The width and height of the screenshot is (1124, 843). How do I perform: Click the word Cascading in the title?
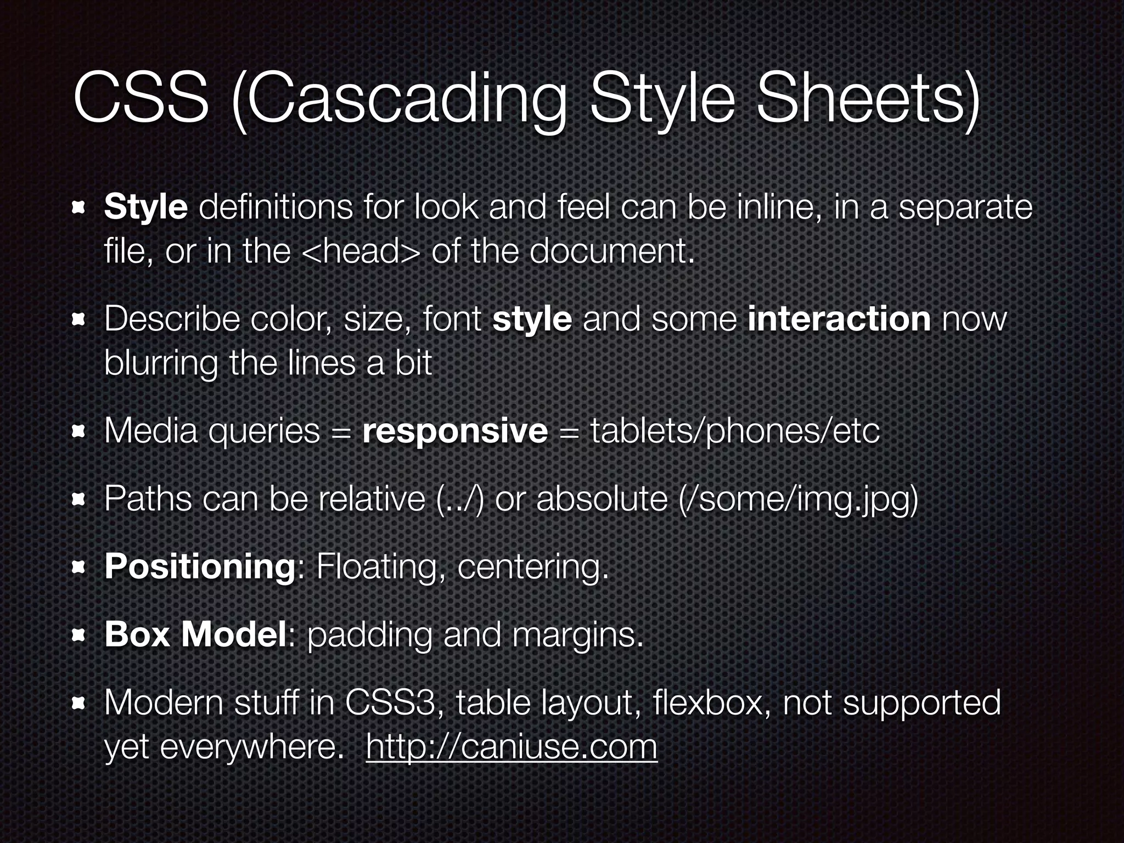[400, 102]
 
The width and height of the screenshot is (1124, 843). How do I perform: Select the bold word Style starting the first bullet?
[146, 207]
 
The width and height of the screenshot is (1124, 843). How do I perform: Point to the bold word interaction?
[839, 319]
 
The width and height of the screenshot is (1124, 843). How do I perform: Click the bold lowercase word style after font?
[532, 320]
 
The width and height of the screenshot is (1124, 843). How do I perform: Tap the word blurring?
[160, 364]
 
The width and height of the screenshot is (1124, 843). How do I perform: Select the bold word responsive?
[455, 431]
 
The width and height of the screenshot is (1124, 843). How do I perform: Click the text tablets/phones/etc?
[735, 431]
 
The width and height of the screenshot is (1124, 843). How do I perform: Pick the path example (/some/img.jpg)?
[798, 499]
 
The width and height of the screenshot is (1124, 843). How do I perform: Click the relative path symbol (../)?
[460, 499]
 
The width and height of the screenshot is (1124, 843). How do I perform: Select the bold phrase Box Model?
[195, 634]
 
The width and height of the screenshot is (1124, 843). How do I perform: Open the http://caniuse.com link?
[511, 747]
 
